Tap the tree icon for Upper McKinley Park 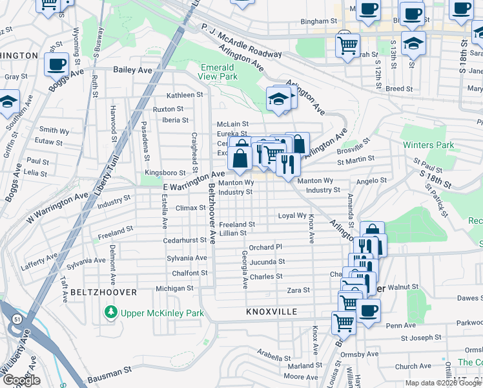(x=111, y=313)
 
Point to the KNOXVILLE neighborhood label (x=271, y=312)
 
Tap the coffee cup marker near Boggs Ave (x=57, y=65)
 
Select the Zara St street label (x=298, y=290)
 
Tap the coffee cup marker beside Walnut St (x=368, y=310)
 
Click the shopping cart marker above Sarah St (x=347, y=45)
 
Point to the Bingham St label (x=315, y=21)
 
